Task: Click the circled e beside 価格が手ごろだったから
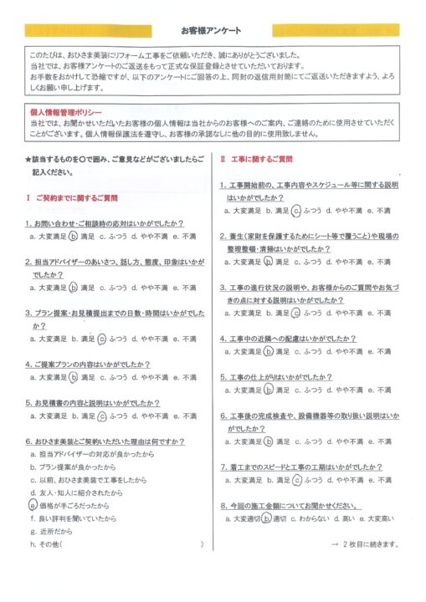click(32, 505)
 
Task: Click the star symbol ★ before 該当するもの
click(28, 159)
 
